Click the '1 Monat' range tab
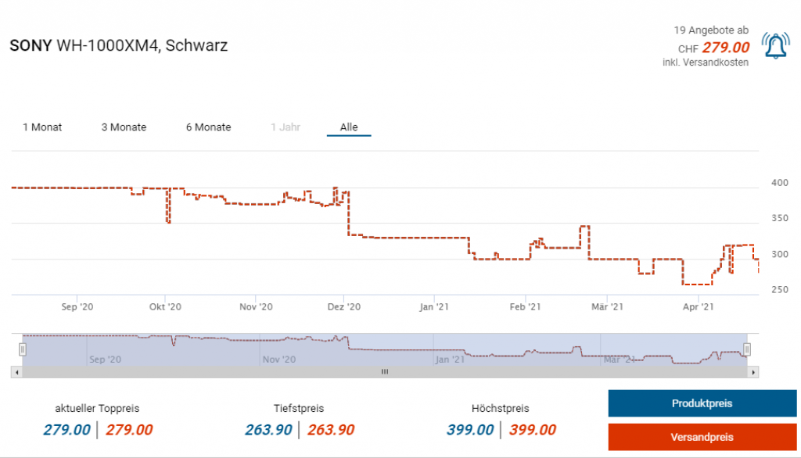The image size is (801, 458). point(42,127)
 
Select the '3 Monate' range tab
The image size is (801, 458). point(124,127)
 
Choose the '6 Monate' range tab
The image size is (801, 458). point(208,127)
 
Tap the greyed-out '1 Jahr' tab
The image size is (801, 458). point(286,127)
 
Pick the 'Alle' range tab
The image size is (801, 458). point(349,127)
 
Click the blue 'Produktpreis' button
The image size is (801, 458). point(702,404)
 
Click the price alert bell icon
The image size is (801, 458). point(776,47)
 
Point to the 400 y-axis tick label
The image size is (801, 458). point(779,183)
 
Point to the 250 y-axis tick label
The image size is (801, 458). point(779,291)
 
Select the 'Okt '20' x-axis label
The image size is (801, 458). point(165,307)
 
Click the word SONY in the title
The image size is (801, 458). point(31,45)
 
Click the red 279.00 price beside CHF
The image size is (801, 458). point(725,48)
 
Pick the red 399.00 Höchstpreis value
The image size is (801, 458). point(532,430)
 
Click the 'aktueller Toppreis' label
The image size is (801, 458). point(97,408)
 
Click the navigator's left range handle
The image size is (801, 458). point(23,349)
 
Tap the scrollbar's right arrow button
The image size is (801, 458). point(753,372)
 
